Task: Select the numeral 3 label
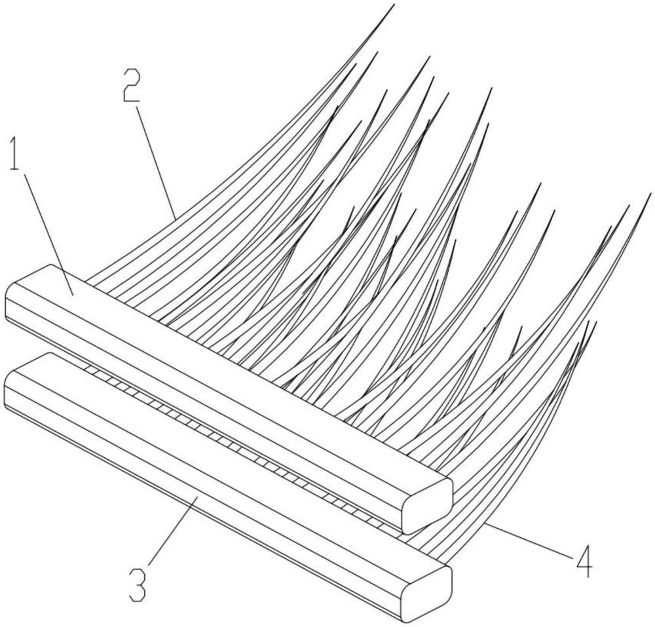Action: pos(137,585)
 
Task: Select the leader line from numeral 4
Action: pos(531,537)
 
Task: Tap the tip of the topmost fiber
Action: pos(394,5)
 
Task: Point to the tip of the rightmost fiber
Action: pos(652,194)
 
